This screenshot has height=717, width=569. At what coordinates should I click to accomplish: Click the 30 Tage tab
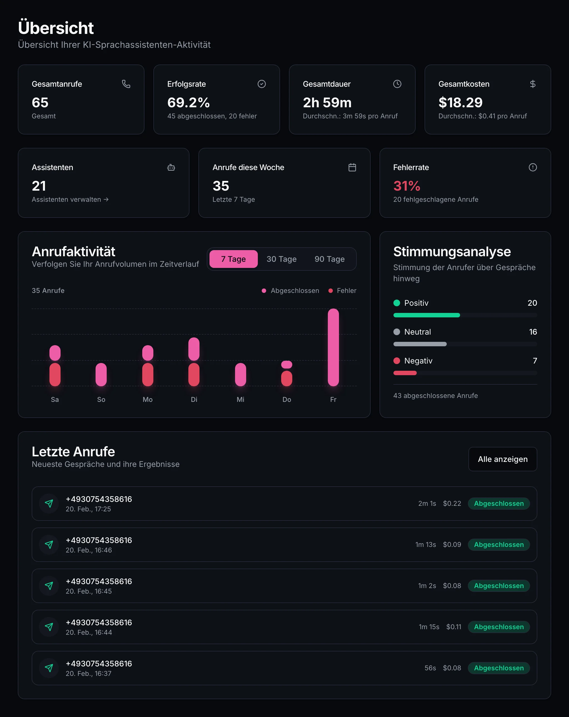tap(281, 259)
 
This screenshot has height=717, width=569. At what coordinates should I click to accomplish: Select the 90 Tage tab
tap(329, 259)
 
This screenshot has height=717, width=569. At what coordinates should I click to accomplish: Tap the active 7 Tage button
tap(233, 259)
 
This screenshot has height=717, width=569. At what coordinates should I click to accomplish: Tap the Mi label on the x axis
tap(240, 399)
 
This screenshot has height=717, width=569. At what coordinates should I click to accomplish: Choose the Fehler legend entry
tap(343, 291)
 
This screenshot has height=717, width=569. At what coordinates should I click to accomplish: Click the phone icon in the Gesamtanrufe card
tap(126, 84)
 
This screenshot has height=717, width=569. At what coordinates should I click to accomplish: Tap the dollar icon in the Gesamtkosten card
tap(532, 84)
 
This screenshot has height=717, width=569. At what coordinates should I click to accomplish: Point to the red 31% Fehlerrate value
tap(407, 186)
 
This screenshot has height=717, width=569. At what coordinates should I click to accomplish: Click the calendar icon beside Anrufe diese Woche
tap(352, 167)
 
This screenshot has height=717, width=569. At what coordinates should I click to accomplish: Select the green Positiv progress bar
tap(427, 315)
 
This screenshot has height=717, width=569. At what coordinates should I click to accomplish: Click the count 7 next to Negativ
tap(535, 361)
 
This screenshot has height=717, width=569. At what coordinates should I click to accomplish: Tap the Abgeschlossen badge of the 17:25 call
tap(498, 504)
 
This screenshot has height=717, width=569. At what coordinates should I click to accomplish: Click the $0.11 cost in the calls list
tap(454, 627)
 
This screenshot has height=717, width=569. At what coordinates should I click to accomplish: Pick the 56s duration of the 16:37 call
tap(430, 668)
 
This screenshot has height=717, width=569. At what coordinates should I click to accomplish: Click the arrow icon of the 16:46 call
tap(49, 545)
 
